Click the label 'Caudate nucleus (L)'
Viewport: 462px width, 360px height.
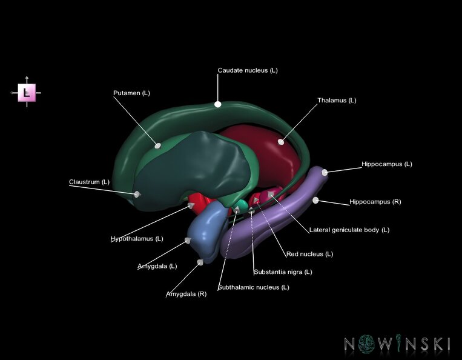248,70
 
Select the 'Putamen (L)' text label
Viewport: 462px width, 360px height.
131,93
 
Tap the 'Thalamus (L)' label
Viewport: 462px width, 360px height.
337,100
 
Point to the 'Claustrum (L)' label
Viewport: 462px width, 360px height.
89,181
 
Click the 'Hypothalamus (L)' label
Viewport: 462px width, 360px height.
137,238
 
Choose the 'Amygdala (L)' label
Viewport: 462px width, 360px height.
157,266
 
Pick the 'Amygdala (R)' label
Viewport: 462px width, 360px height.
186,294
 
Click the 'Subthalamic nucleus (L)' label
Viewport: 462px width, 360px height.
253,287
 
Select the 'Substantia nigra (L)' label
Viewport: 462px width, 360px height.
283,272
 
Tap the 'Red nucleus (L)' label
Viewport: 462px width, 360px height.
309,254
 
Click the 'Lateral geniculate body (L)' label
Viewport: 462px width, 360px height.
349,230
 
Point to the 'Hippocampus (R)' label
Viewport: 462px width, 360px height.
375,202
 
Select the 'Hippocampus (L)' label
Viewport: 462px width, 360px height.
386,164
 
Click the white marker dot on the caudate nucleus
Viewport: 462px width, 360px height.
218,104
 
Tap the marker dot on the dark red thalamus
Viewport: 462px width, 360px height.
281,142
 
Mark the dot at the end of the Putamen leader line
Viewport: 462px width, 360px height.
158,145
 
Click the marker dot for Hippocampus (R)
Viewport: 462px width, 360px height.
315,199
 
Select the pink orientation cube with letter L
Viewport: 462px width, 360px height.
26,92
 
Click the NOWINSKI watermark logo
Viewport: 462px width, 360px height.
397,344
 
